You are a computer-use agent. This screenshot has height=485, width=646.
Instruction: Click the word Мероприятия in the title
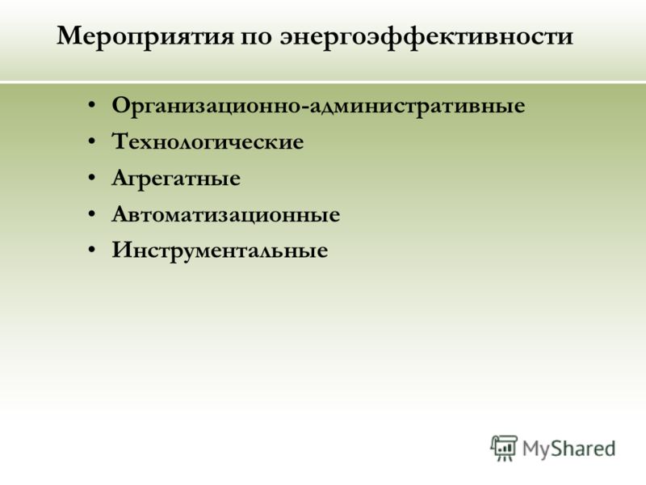tap(145, 36)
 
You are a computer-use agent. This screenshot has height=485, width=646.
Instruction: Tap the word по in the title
tap(256, 37)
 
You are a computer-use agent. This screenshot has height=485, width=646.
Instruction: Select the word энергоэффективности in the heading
tap(426, 37)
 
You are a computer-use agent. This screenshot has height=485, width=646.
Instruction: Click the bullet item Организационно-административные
tap(318, 106)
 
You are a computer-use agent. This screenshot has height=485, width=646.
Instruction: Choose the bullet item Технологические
tap(208, 141)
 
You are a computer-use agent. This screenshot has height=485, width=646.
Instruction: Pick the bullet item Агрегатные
tap(176, 179)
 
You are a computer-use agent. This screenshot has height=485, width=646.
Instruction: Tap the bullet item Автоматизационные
tap(226, 214)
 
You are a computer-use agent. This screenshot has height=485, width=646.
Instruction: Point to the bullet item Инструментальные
tap(220, 251)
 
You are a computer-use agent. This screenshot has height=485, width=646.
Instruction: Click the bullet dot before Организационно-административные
tap(92, 105)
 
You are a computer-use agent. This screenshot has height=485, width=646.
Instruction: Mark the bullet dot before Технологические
tap(92, 141)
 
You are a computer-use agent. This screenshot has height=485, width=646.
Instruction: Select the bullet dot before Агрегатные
tap(92, 178)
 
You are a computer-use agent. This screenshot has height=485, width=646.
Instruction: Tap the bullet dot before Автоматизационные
tap(92, 214)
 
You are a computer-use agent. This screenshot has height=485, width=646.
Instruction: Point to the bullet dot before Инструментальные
tap(92, 250)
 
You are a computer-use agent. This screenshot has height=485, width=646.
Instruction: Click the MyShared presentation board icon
tap(503, 448)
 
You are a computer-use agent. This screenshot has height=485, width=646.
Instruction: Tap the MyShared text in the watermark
tap(569, 449)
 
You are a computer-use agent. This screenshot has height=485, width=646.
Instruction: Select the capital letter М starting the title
tap(70, 36)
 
